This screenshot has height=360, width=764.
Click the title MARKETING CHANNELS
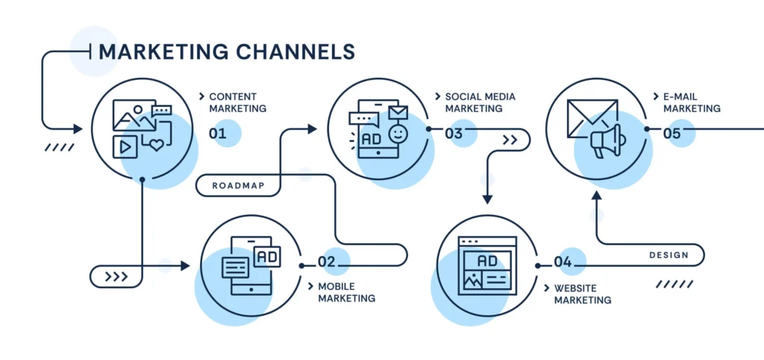[227, 51]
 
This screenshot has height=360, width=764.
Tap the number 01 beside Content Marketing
[217, 134]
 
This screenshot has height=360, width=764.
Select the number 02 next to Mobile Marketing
[327, 262]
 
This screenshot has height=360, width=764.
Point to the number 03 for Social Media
[454, 134]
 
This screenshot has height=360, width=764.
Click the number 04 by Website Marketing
[563, 262]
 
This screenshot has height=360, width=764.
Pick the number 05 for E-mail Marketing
[671, 134]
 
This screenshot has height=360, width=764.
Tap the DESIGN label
[668, 255]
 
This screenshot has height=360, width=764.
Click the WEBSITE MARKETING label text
[582, 294]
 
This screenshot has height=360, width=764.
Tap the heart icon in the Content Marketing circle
[156, 145]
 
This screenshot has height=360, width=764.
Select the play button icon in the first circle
[125, 147]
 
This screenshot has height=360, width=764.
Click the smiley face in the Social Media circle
[399, 135]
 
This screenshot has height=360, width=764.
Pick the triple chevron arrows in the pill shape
[116, 277]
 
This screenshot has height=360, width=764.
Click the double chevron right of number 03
[510, 140]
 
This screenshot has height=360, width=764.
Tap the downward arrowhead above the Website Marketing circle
[487, 199]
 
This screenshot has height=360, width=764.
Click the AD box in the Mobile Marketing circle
[266, 256]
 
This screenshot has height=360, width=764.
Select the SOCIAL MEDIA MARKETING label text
[480, 102]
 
